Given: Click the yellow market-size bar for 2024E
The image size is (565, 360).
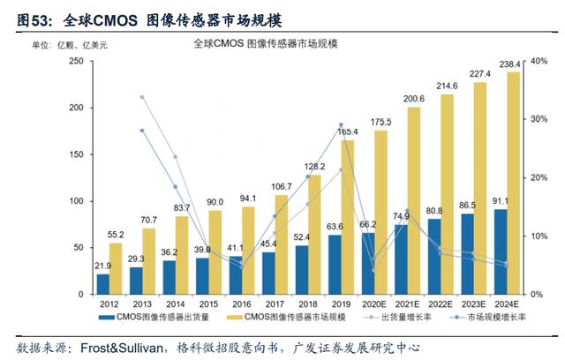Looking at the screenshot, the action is pos(514,183).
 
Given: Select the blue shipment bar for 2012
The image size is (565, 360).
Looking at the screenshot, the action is pos(103,284).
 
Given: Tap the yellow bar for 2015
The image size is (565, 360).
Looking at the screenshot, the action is pos(215,252).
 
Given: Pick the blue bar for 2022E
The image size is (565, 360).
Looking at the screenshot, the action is pos(434,256).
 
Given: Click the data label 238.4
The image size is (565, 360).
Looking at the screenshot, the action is pos(509,64).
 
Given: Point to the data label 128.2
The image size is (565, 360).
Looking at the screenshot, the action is pos(314,166).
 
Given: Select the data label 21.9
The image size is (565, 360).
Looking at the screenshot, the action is pos(103,266).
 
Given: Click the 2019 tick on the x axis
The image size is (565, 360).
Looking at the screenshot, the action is pos(342,304).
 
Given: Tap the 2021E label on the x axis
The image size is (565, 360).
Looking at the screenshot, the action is pos(407,304).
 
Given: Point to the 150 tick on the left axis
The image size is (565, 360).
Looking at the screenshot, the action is pos(77,154).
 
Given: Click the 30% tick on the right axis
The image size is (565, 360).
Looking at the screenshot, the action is pos(539,119).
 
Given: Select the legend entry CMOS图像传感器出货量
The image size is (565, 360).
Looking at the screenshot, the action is pos(154,317).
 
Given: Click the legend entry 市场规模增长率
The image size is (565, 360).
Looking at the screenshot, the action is pos(488,317).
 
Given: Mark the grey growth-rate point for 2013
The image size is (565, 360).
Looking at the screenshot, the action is pos(142,97).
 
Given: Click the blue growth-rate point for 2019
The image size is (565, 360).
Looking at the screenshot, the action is pos(342,125).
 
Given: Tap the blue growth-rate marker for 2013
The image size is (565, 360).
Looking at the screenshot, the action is pos(142,131).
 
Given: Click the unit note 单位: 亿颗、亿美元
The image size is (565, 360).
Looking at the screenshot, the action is pos(70,45).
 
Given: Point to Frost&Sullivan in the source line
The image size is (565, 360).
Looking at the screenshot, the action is pos(122,349).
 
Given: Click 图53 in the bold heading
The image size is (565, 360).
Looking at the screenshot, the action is pos(33,20).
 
